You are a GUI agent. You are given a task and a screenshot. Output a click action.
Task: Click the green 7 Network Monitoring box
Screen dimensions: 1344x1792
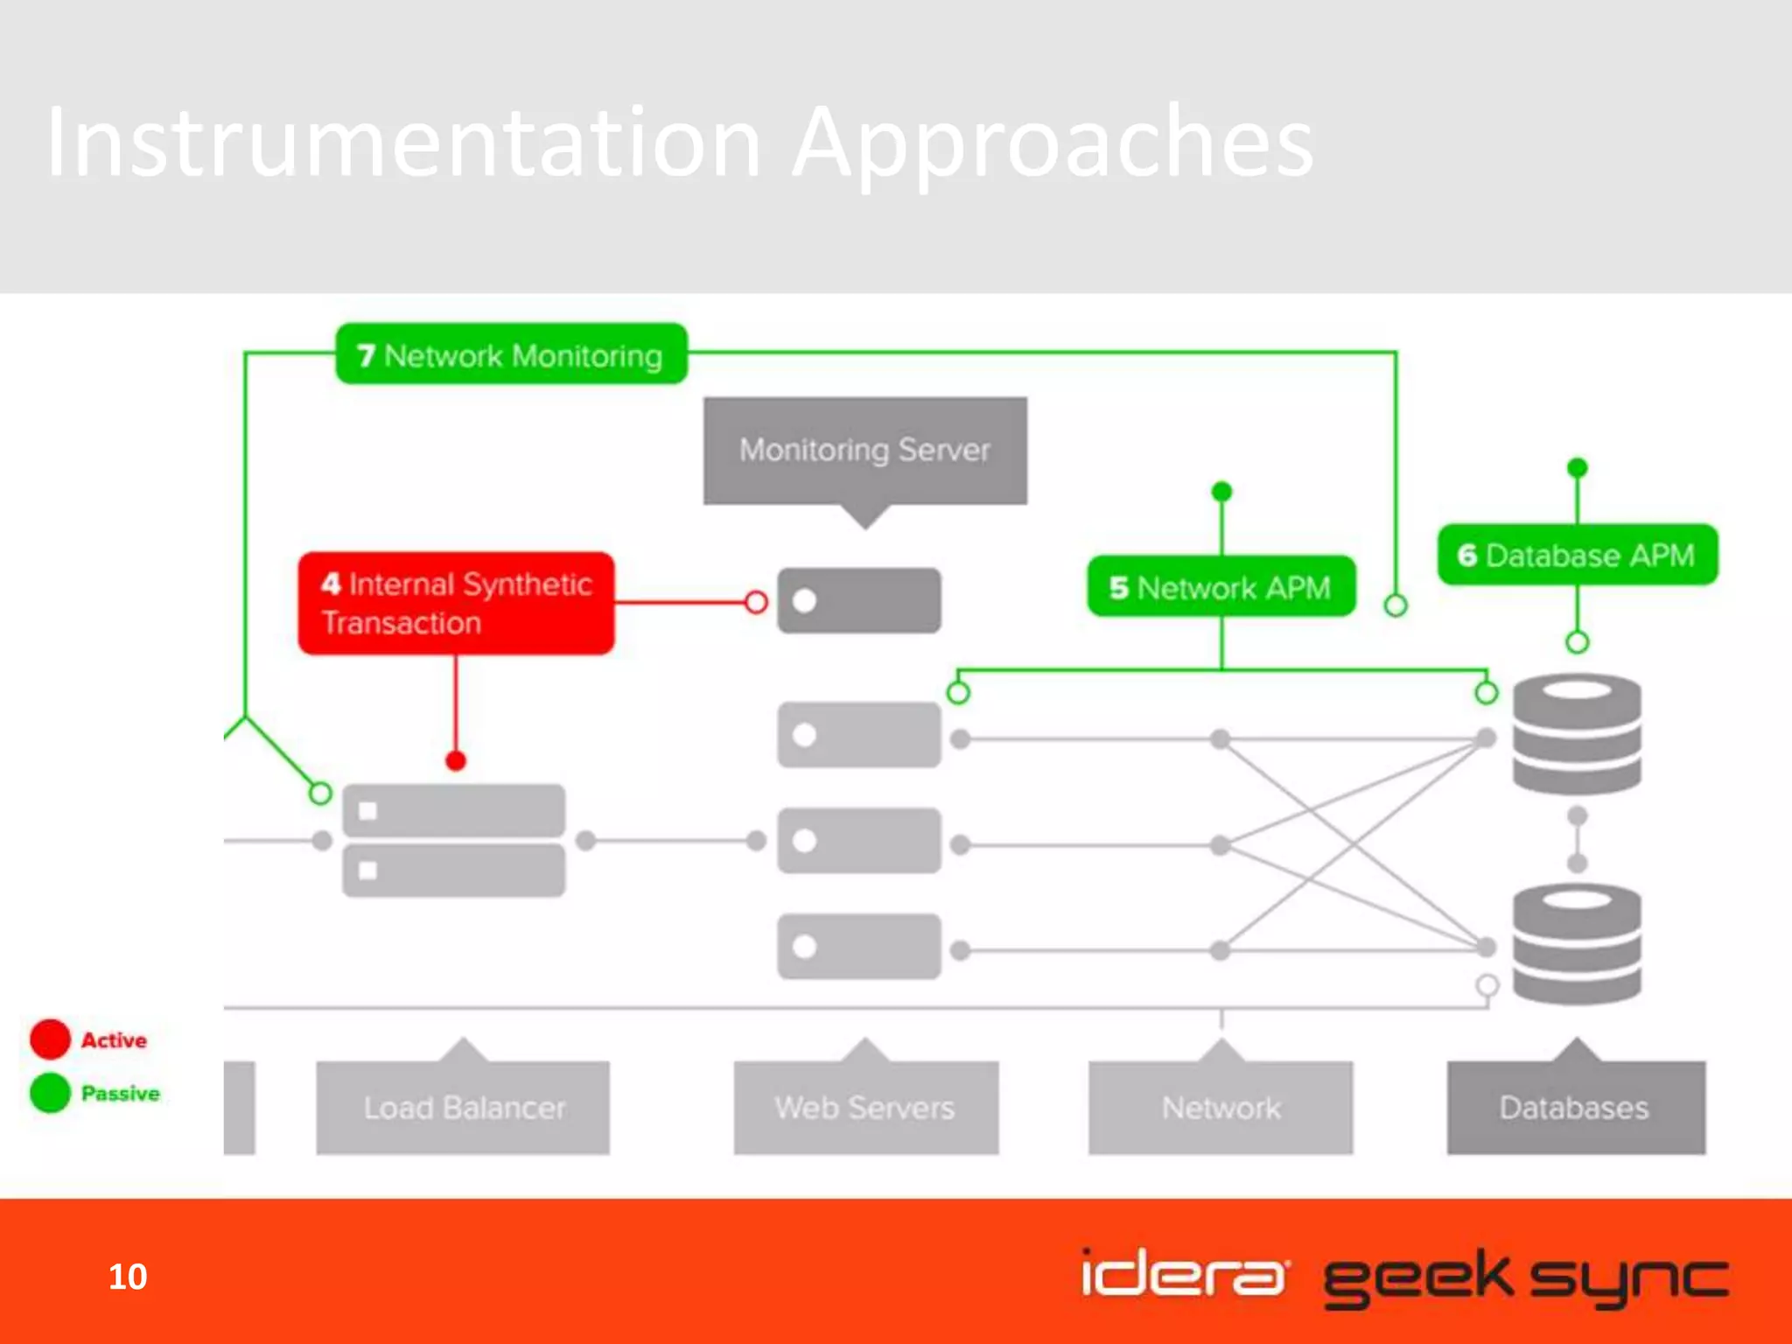[x=511, y=354]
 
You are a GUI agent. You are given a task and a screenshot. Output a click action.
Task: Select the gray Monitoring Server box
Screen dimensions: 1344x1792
[x=864, y=451]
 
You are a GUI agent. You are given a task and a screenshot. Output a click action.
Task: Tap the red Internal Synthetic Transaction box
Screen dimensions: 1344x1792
[x=456, y=603]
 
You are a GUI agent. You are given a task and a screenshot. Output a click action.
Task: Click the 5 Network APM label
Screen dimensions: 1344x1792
[x=1221, y=587]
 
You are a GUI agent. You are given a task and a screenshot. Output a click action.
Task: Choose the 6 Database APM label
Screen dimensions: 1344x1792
[x=1577, y=555]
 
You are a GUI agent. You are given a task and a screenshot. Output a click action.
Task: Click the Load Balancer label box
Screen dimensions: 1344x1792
[x=463, y=1107]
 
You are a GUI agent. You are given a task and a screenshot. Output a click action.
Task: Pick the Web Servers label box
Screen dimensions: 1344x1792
[x=865, y=1107]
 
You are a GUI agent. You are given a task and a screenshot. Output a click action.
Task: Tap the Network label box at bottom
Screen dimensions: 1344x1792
[x=1221, y=1107]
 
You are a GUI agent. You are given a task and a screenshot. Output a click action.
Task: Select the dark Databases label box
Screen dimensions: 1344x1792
[x=1575, y=1107]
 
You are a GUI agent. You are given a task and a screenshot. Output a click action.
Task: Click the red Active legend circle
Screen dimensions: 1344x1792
[x=50, y=1039]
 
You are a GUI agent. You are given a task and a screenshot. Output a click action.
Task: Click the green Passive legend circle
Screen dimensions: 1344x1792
[x=50, y=1093]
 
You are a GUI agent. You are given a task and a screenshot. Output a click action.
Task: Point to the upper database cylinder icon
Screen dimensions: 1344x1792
[x=1577, y=734]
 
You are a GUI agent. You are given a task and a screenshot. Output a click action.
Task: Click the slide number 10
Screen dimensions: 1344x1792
[x=128, y=1277]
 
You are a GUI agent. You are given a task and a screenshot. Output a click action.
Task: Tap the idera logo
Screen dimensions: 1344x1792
[x=1183, y=1274]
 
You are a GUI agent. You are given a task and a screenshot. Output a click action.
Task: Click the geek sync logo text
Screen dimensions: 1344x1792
[x=1525, y=1277]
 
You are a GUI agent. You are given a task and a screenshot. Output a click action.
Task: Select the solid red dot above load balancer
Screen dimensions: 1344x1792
[x=456, y=760]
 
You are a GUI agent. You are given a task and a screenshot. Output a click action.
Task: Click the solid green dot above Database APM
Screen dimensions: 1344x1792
[x=1577, y=467]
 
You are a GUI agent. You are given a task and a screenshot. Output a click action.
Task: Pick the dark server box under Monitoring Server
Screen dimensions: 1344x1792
[x=859, y=601]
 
